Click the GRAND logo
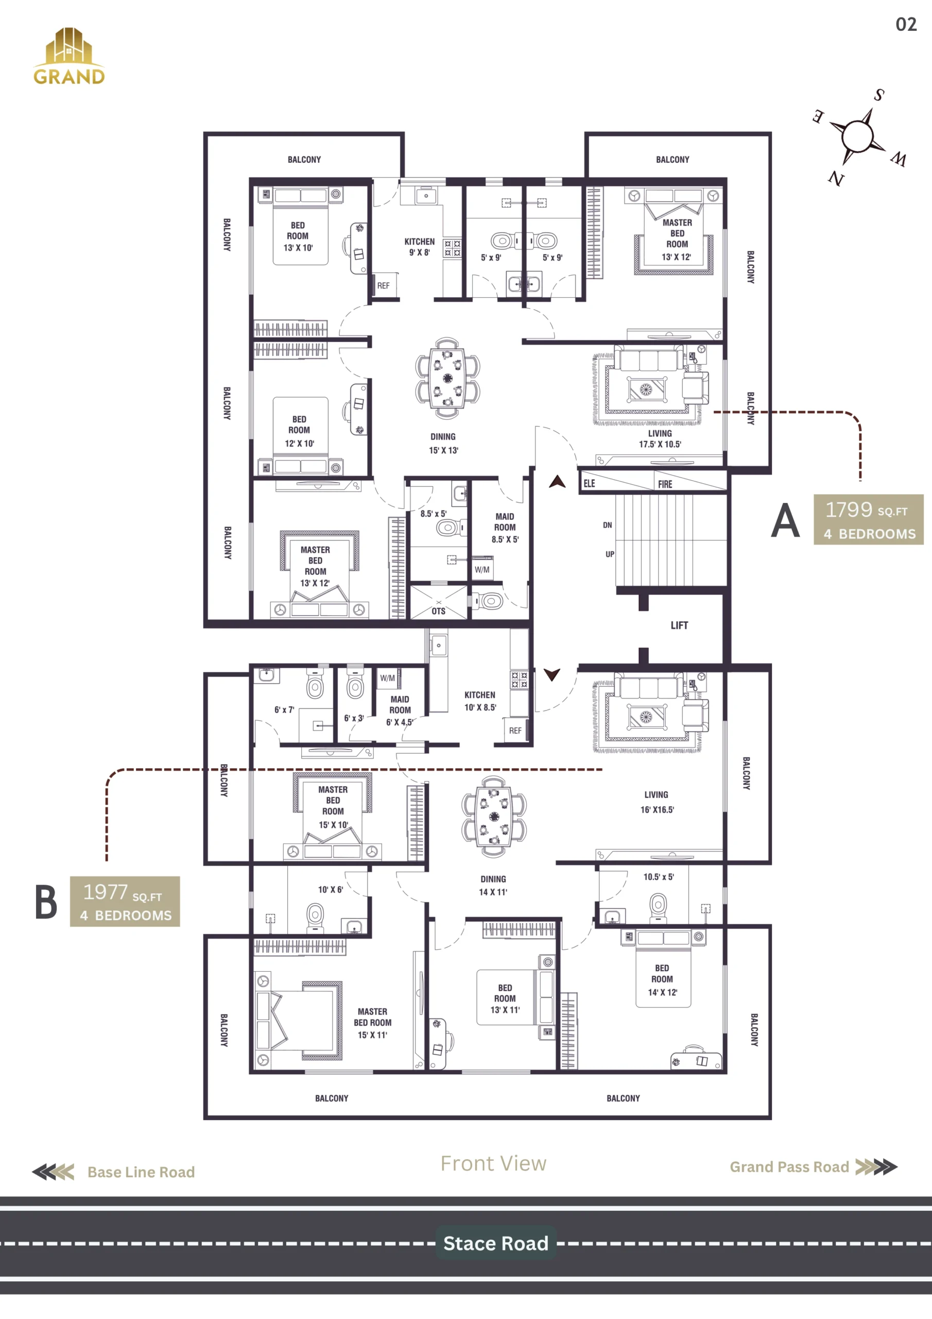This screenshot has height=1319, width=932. click(x=69, y=56)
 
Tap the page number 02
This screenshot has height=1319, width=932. click(x=906, y=24)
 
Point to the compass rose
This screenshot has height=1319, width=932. click(x=858, y=136)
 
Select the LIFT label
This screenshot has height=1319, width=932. click(x=679, y=625)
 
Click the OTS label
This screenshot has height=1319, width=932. click(x=439, y=611)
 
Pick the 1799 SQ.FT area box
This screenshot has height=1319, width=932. click(x=868, y=519)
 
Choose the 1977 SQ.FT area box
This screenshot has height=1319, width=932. click(x=125, y=901)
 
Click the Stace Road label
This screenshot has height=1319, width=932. click(x=495, y=1243)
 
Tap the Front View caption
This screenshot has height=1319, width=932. click(x=493, y=1163)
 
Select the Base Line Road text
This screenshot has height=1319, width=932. click(x=141, y=1172)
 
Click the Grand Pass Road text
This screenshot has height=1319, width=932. click(x=789, y=1167)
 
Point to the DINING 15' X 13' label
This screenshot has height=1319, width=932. click(x=443, y=444)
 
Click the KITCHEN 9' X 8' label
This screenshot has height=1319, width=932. click(x=419, y=247)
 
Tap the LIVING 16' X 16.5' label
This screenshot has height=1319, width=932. click(x=657, y=802)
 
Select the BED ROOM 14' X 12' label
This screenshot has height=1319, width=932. click(x=662, y=980)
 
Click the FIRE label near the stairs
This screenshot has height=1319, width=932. click(x=665, y=484)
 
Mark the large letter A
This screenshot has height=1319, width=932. click(x=785, y=520)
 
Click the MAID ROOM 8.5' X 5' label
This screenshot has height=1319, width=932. click(x=505, y=528)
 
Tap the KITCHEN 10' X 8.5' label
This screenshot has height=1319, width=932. click(x=480, y=701)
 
